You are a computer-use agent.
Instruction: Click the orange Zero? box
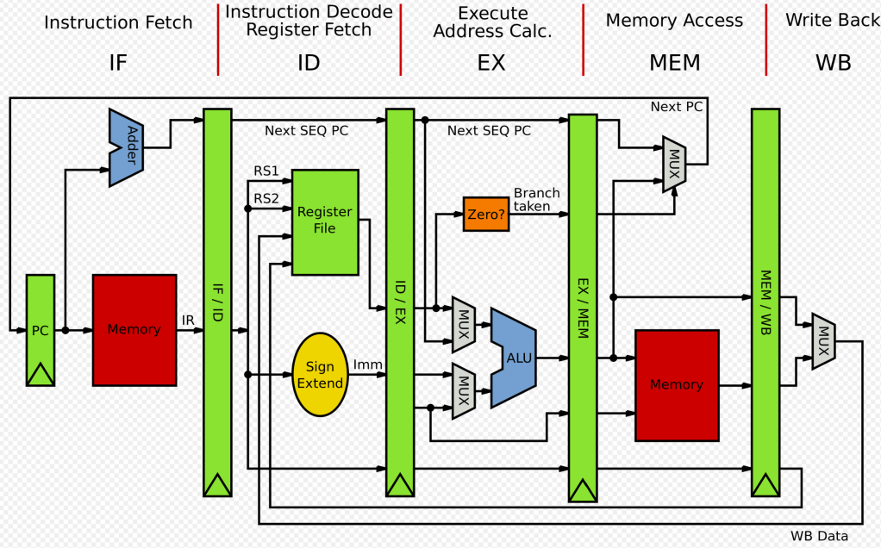pos(485,214)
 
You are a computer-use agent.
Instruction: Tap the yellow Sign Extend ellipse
pos(320,375)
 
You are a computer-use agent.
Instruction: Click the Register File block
pos(325,221)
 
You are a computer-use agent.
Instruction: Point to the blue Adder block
pos(127,147)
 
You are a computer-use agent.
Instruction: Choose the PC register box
pos(41,330)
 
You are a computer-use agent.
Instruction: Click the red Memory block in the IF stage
pos(134,329)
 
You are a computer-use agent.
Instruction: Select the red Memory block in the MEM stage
pos(677,384)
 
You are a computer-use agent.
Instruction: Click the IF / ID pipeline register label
pos(217,301)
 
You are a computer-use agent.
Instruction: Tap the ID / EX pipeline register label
pos(400,301)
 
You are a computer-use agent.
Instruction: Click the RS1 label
pos(266,171)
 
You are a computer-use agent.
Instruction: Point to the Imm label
pos(368,365)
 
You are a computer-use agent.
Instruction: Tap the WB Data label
pos(819,536)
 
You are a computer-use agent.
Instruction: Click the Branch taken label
pos(537,200)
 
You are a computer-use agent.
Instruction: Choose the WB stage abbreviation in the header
pos(833,62)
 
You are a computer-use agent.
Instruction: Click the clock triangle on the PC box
pos(41,374)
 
